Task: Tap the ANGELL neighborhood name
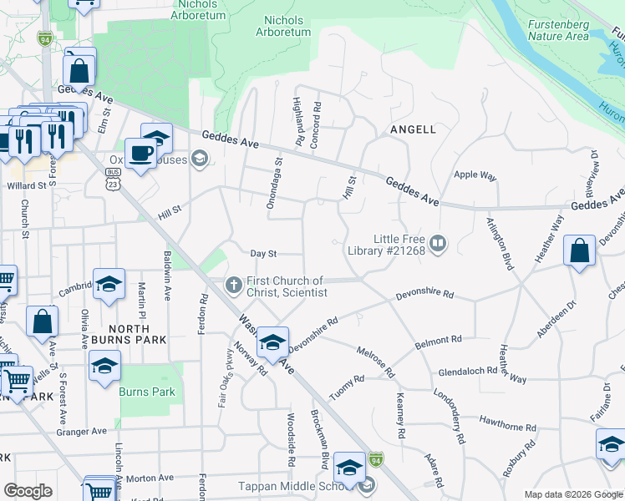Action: (413, 129)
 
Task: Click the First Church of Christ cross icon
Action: (233, 286)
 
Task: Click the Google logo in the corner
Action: (28, 491)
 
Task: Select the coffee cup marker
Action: (141, 154)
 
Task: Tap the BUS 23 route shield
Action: (113, 177)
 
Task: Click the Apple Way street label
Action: (475, 176)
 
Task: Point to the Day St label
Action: (263, 253)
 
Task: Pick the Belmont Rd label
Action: (439, 342)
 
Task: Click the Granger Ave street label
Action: (82, 432)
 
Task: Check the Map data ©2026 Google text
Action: (573, 494)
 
